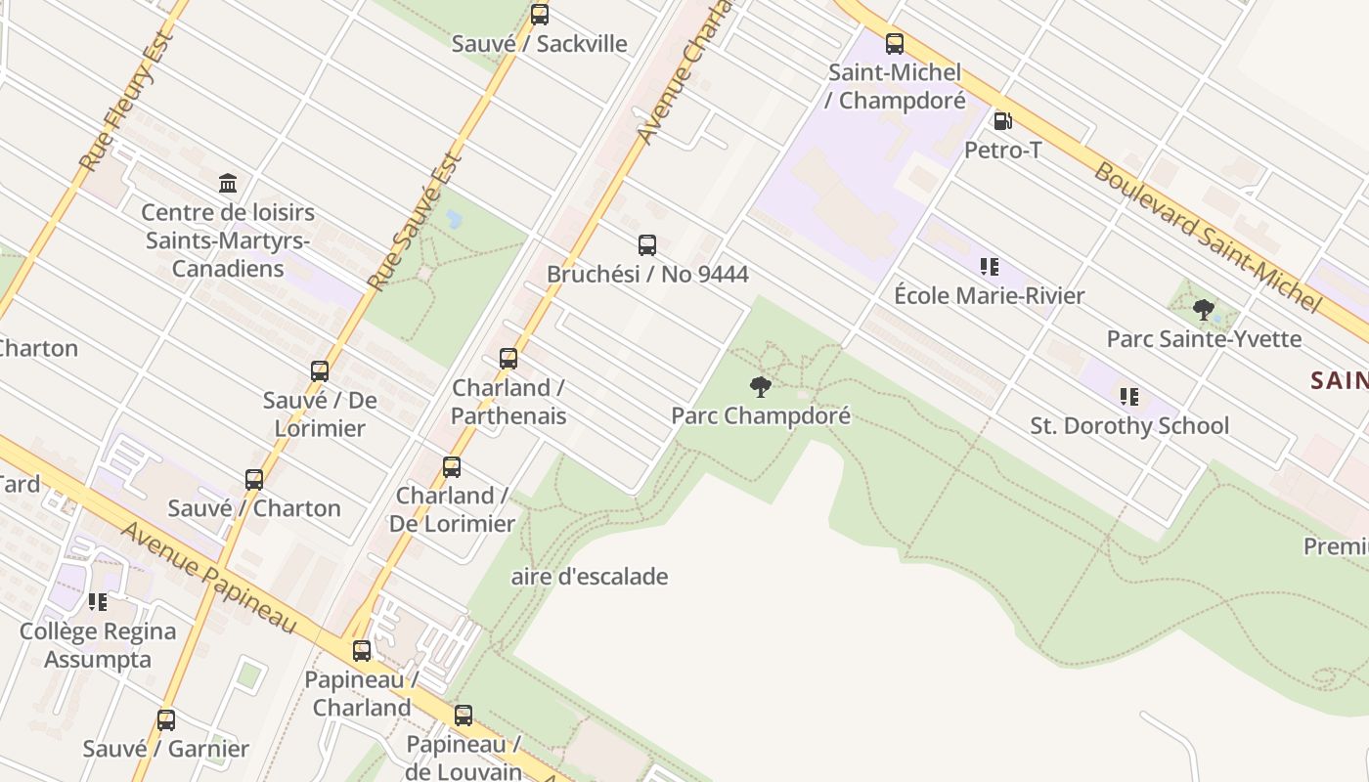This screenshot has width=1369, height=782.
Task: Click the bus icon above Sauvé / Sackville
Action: [540, 15]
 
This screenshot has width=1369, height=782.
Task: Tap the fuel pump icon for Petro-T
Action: [1002, 121]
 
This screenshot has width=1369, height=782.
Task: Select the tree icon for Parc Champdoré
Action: [760, 387]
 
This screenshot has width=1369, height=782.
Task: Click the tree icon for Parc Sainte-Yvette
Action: [1204, 310]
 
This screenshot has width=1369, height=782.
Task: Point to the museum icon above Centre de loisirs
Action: [228, 183]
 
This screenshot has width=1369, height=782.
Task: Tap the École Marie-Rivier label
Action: [990, 295]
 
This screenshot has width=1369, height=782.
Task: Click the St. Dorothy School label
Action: [1129, 425]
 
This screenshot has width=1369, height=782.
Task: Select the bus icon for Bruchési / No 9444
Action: [647, 245]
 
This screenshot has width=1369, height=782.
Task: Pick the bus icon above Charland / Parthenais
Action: [508, 359]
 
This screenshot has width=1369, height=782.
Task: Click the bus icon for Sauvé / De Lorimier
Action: [320, 371]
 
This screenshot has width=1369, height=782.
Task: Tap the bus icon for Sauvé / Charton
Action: [254, 480]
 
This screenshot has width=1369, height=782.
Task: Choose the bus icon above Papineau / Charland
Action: [362, 651]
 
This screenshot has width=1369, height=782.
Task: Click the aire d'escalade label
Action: [590, 577]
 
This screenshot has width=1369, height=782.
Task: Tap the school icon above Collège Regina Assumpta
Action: [97, 602]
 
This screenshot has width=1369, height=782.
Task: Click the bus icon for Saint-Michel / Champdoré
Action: [895, 44]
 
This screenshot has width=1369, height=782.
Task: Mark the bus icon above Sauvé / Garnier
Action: [166, 720]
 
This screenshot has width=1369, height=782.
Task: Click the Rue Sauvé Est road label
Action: [414, 221]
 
